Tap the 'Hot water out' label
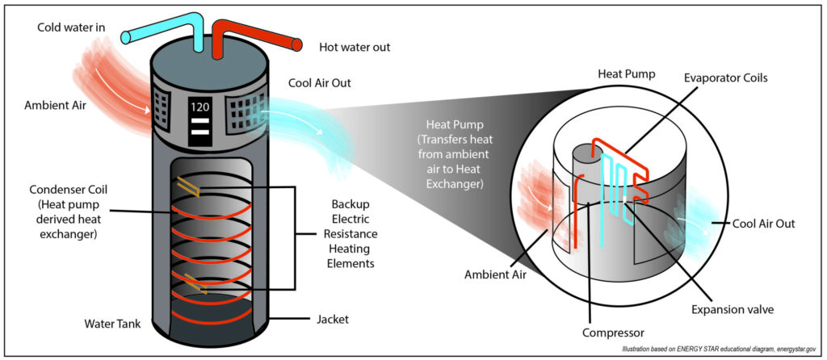tap(355, 48)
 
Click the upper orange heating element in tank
tap(187, 187)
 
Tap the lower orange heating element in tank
tap(195, 283)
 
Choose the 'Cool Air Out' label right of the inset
tap(763, 224)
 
